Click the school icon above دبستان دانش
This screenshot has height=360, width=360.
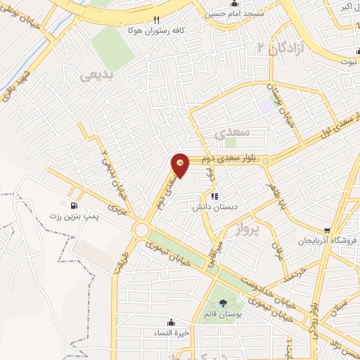pyautogui.click(x=214, y=196)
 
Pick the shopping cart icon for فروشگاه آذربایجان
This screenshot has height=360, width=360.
pyautogui.click(x=327, y=230)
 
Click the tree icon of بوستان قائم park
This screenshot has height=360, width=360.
pyautogui.click(x=223, y=303)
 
